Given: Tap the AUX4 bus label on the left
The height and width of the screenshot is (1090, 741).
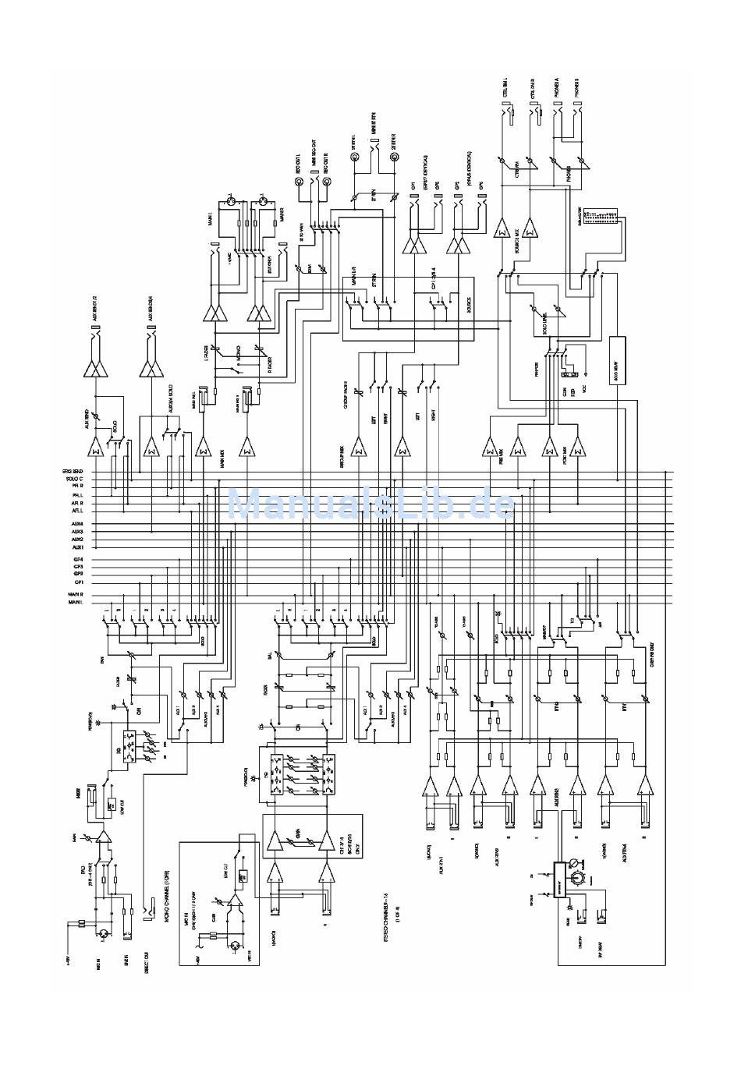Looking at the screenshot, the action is tap(77, 523).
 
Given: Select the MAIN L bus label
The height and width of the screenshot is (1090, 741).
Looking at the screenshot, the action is tap(76, 603).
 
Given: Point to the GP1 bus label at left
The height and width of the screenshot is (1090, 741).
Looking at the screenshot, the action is tap(79, 582).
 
